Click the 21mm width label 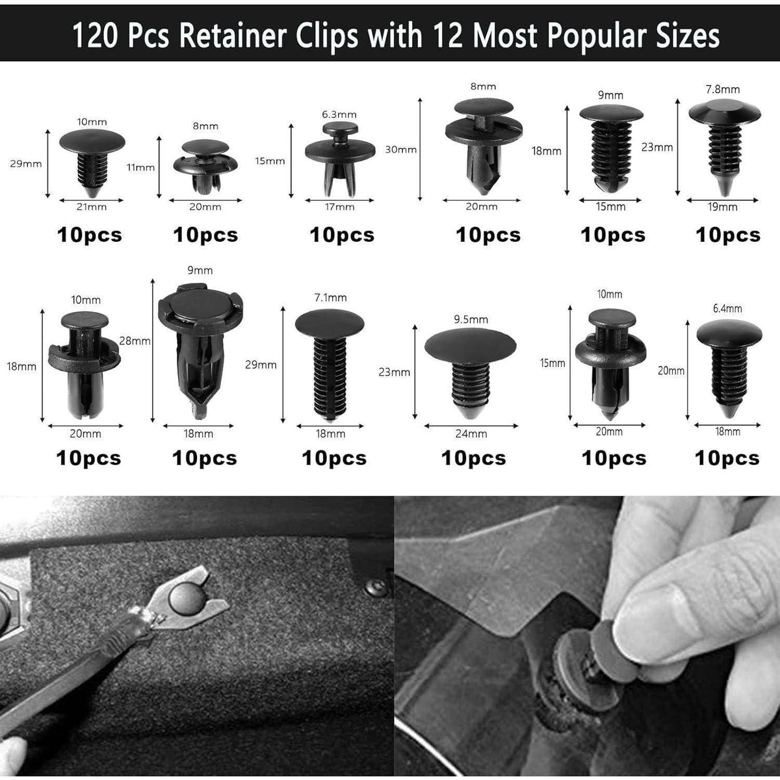click(x=92, y=207)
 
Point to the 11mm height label click(x=140, y=167)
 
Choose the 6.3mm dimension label click(x=339, y=114)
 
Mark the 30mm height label click(x=401, y=149)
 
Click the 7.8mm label click(x=723, y=89)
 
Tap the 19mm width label click(x=723, y=207)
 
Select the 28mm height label click(x=135, y=341)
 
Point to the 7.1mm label click(x=331, y=298)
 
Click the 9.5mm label click(x=471, y=319)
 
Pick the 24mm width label click(x=471, y=434)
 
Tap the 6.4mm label click(x=727, y=309)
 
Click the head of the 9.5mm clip click(x=471, y=345)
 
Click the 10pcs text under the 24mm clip click(x=474, y=458)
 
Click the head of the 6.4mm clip click(x=729, y=333)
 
